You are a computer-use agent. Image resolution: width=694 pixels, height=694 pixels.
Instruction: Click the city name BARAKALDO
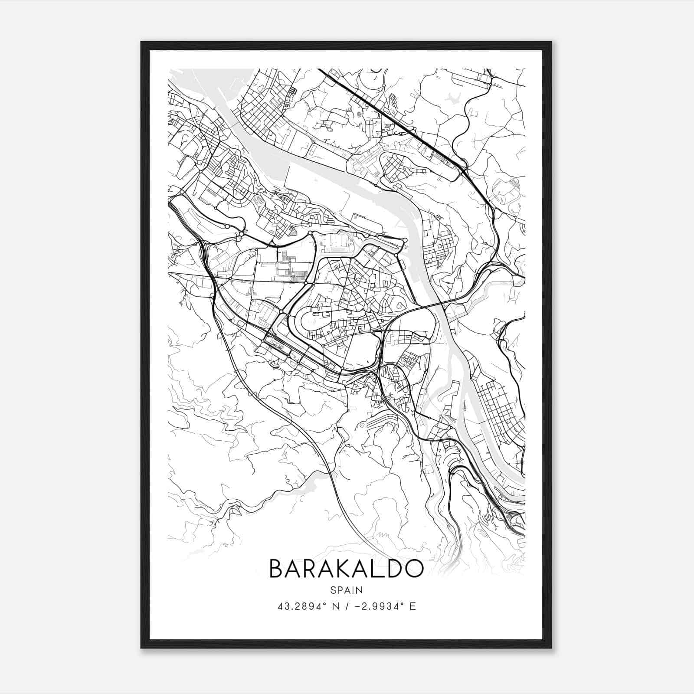(x=346, y=568)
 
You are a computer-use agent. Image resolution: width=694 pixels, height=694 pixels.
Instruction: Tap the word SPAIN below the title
(x=346, y=590)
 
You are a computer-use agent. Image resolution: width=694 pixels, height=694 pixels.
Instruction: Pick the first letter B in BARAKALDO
(x=276, y=568)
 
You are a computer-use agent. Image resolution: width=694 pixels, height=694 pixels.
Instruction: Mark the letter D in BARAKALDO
(x=393, y=568)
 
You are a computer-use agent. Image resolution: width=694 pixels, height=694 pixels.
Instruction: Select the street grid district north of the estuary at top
(x=260, y=108)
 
